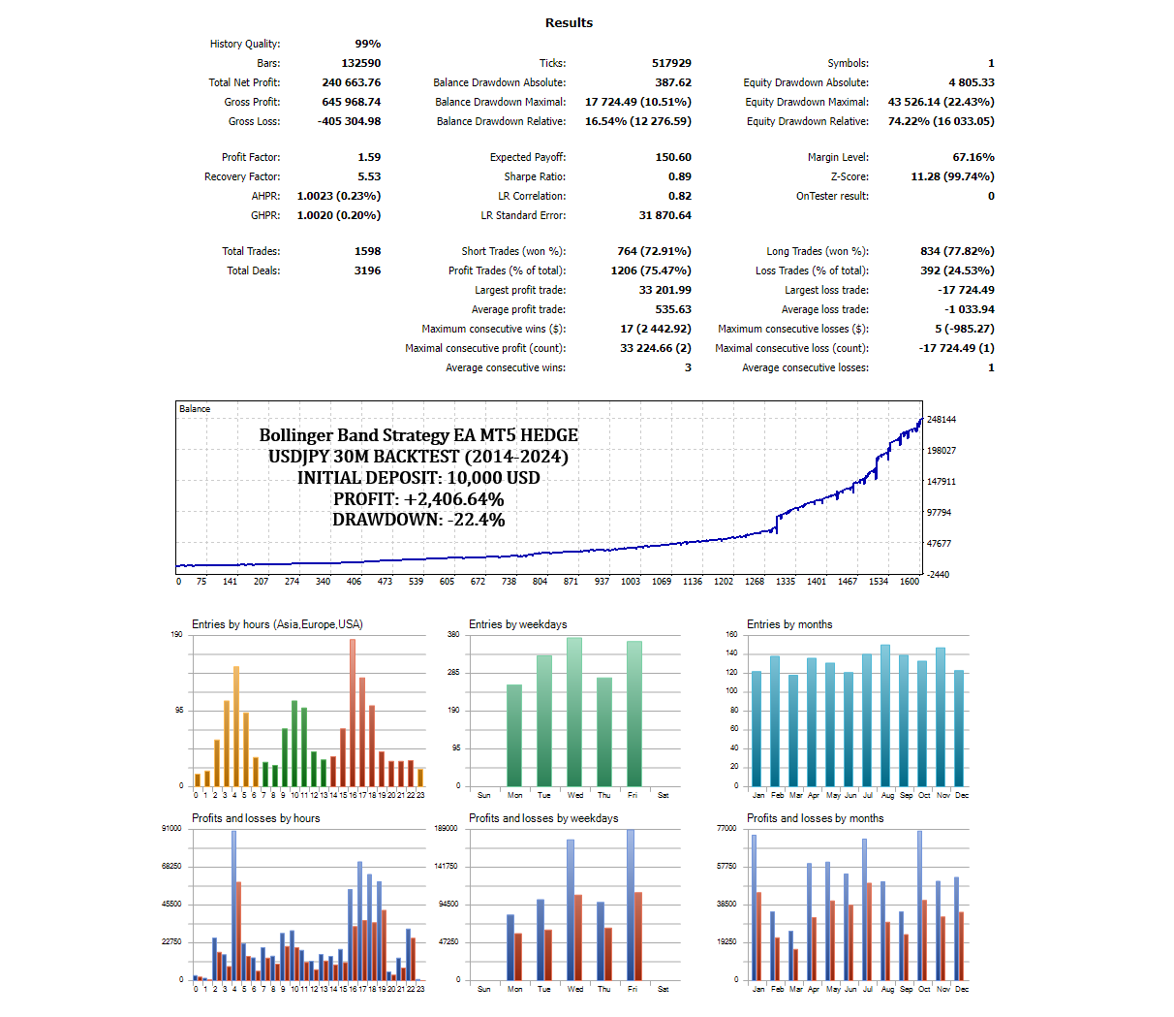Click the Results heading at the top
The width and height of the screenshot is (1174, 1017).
point(569,22)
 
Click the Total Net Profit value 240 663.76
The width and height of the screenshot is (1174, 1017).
point(351,82)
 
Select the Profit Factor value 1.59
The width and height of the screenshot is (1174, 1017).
point(369,157)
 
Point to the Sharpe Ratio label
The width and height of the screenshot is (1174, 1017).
point(535,176)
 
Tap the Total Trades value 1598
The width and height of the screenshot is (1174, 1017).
point(367,251)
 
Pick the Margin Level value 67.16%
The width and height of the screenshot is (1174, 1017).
point(973,157)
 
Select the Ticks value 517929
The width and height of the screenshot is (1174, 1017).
point(671,63)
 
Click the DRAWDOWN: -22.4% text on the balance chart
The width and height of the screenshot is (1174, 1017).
point(418,520)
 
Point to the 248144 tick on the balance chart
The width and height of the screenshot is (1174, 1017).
point(941,420)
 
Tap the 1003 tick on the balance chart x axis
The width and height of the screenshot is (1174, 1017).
point(631,582)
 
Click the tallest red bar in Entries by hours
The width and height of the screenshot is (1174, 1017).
point(353,713)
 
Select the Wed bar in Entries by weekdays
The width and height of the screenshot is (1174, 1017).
point(574,712)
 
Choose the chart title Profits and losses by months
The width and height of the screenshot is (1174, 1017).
point(815,818)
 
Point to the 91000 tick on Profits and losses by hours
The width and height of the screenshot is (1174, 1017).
point(171,828)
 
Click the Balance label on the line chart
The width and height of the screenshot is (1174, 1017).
point(195,409)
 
